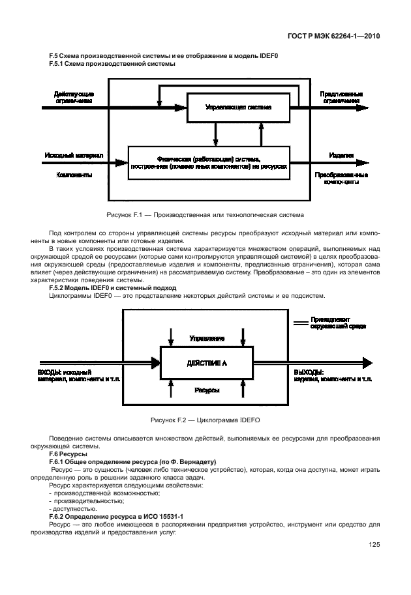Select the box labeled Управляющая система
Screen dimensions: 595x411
coord(238,107)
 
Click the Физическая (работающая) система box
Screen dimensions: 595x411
coord(208,162)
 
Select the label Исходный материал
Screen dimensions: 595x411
coord(74,156)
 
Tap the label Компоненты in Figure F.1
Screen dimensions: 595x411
coord(74,175)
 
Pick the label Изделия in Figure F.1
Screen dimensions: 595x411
coord(341,156)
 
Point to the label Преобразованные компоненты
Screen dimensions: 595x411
coord(341,179)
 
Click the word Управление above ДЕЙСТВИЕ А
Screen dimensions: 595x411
coord(207,339)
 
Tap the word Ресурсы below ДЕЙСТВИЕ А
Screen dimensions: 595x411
coord(207,390)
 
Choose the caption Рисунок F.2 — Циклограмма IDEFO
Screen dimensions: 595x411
coord(205,420)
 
